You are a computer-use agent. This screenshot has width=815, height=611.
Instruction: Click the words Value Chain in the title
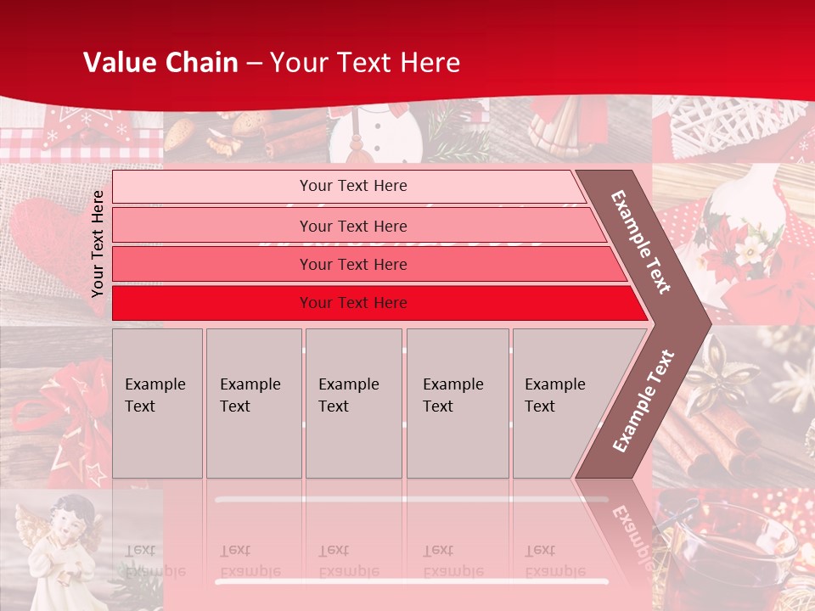click(x=160, y=63)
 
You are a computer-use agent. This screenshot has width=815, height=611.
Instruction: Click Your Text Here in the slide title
click(x=365, y=63)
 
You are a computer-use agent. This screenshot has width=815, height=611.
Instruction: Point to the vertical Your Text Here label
click(x=98, y=244)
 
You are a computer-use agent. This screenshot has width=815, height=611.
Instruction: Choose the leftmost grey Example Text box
click(x=157, y=403)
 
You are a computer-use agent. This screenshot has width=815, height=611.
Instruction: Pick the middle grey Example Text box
click(x=353, y=403)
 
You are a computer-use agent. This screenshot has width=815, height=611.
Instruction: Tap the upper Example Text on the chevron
click(x=641, y=242)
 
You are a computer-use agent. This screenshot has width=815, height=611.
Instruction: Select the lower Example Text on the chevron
click(x=644, y=401)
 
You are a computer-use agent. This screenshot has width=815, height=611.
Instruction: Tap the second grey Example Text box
click(x=254, y=403)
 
